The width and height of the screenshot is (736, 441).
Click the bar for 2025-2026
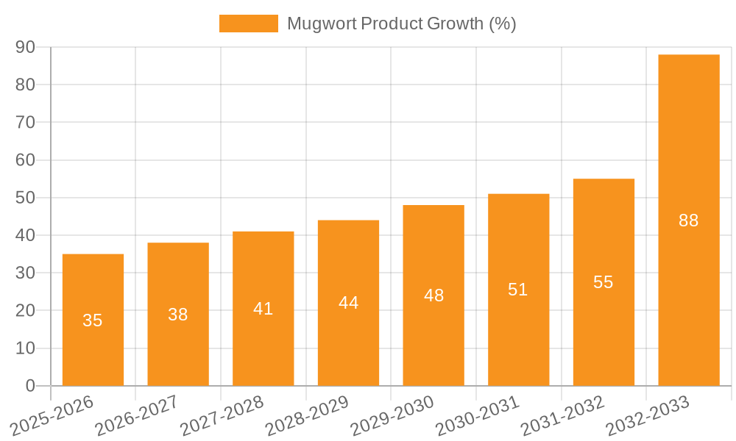pyautogui.click(x=93, y=320)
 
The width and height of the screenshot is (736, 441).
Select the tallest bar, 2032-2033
pyautogui.click(x=689, y=220)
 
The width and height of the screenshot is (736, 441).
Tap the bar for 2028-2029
pyautogui.click(x=348, y=303)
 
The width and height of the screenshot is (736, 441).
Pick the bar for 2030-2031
pyautogui.click(x=518, y=290)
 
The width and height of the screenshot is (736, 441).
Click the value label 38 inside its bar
pyautogui.click(x=178, y=315)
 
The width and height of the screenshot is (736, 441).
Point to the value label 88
pyautogui.click(x=689, y=220)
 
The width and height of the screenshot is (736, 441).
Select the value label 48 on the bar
pyautogui.click(x=434, y=295)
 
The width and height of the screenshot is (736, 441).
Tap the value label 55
pyautogui.click(x=604, y=282)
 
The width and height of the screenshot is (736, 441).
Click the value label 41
pyautogui.click(x=263, y=309)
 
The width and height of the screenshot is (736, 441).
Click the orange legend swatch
pyautogui.click(x=249, y=24)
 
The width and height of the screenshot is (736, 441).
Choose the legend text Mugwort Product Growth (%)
pyautogui.click(x=401, y=24)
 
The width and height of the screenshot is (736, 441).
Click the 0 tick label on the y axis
pyautogui.click(x=30, y=386)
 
